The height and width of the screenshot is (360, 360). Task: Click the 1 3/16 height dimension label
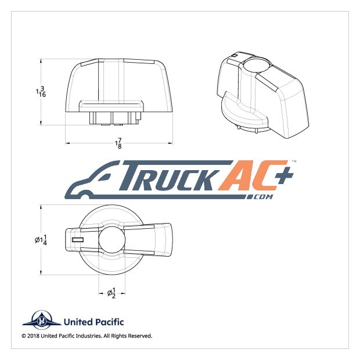pyautogui.click(x=41, y=92)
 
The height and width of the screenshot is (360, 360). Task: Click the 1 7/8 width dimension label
pyautogui.click(x=118, y=143)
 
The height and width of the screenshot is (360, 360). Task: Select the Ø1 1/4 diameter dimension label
pyautogui.click(x=41, y=240)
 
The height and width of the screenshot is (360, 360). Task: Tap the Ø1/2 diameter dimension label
pyautogui.click(x=111, y=293)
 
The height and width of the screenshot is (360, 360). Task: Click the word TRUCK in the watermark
pyautogui.click(x=170, y=175)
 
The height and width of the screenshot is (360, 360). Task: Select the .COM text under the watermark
pyautogui.click(x=260, y=197)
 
